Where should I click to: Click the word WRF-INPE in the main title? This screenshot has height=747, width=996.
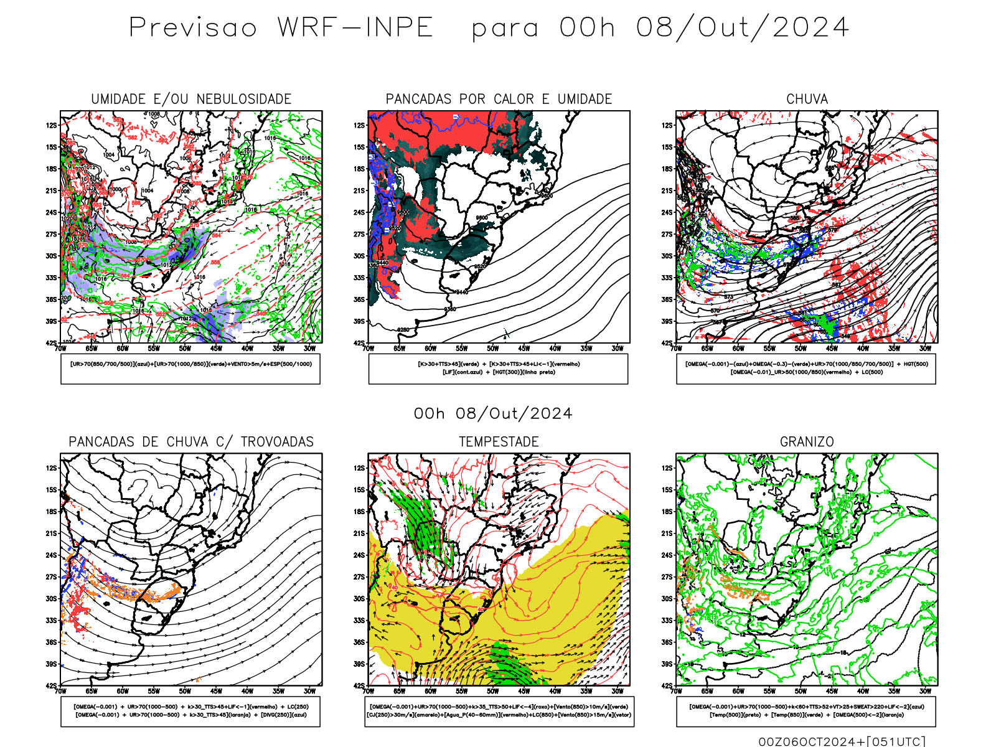point(355,28)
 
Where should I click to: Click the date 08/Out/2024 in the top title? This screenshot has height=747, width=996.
point(742,28)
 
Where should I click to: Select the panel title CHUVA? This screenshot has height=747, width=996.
point(807,99)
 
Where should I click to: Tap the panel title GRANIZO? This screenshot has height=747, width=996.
point(807,442)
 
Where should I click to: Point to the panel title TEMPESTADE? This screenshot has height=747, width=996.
point(499,442)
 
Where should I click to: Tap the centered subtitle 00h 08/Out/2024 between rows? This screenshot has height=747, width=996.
point(493,414)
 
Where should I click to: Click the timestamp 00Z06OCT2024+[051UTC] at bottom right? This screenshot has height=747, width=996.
point(842,741)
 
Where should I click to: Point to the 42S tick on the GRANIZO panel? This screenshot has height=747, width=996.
point(667,686)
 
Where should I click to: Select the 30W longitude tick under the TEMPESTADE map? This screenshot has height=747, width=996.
point(618,691)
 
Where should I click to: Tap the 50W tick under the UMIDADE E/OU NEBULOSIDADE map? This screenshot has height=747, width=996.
point(185,349)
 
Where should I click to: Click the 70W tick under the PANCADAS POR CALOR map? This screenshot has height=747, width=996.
point(369,349)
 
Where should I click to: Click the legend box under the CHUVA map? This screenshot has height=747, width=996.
point(806,369)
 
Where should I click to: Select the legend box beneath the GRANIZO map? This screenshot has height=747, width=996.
point(806,711)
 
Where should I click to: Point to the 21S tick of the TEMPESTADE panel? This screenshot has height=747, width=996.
point(359,533)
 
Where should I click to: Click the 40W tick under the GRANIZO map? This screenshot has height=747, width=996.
point(863,691)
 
